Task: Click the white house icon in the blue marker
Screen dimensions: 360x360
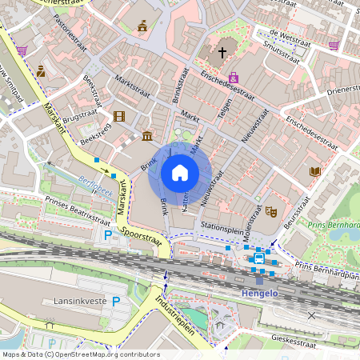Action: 180,172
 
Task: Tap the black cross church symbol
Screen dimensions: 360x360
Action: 222,53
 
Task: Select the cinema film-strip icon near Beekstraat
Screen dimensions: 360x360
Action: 119,117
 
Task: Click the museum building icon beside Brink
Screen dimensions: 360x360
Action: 147,135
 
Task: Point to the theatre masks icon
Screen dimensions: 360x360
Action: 271,213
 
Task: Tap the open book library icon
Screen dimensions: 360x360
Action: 314,171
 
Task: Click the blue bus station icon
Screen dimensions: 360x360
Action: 258,258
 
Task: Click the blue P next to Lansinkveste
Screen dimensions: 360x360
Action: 117,301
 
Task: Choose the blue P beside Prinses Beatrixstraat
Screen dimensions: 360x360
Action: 109,235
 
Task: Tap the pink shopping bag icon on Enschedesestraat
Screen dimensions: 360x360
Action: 234,78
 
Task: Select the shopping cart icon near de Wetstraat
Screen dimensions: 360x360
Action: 334,46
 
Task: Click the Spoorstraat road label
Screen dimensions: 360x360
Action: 141,238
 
